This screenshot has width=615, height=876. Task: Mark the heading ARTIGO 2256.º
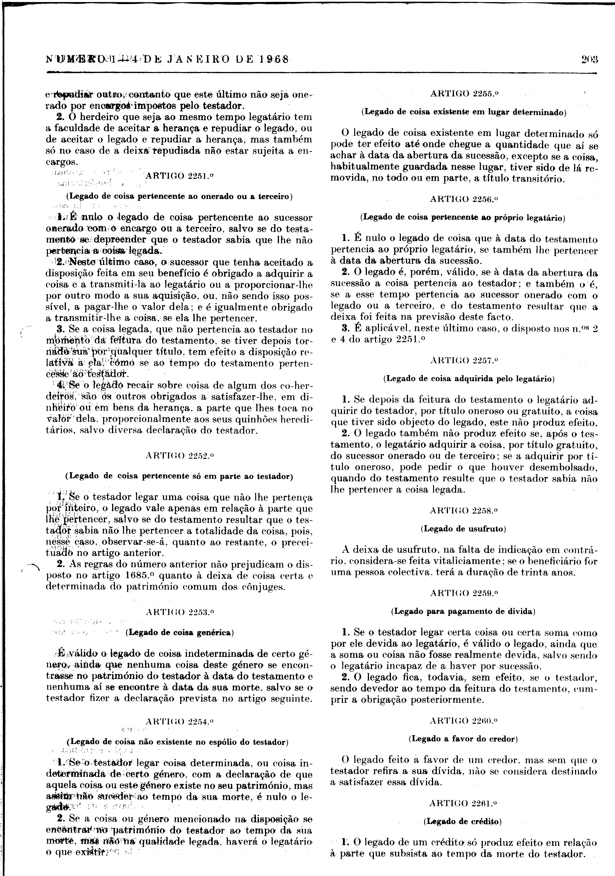click(x=464, y=199)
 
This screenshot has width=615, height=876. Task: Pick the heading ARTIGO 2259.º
click(x=464, y=593)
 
